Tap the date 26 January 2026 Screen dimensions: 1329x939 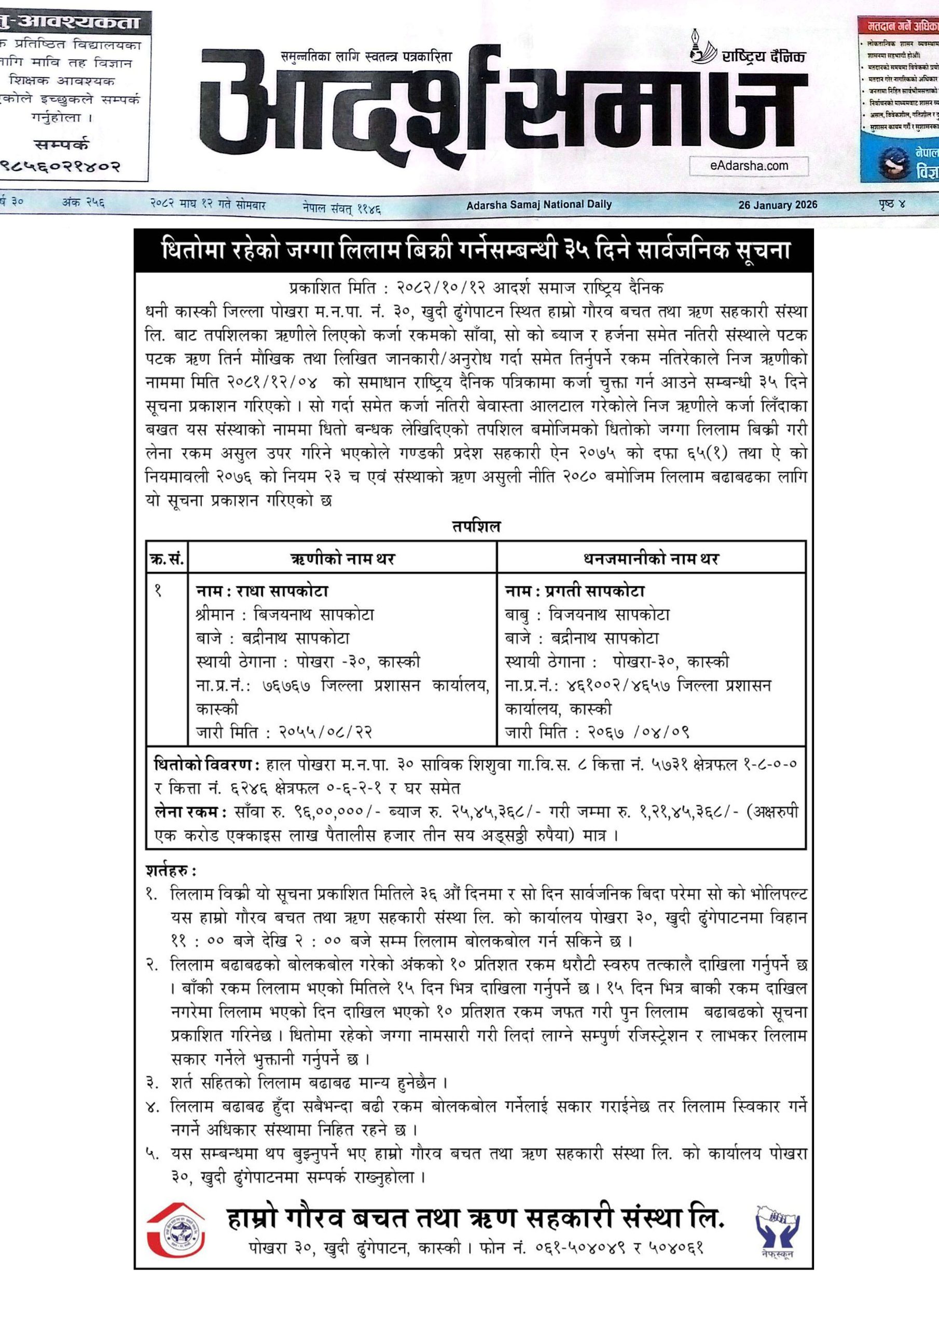pyautogui.click(x=778, y=205)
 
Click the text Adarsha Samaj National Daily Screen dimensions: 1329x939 pyautogui.click(x=538, y=205)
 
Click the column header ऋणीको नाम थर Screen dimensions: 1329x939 pyautogui.click(x=342, y=559)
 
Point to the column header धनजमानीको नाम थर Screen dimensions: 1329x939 pyautogui.click(x=651, y=559)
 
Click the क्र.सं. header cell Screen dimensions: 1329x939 pyautogui.click(x=167, y=559)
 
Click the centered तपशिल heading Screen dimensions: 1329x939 pyautogui.click(x=476, y=527)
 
